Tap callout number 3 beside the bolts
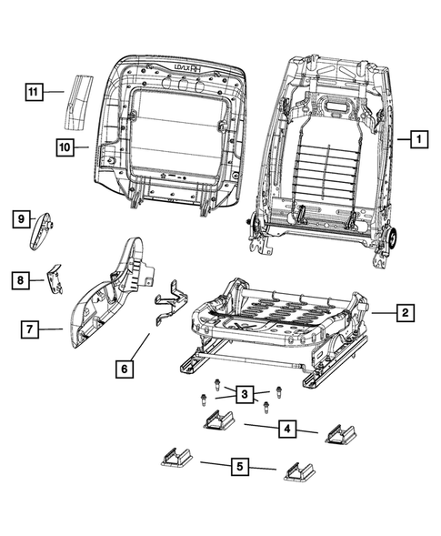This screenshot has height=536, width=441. point(244,394)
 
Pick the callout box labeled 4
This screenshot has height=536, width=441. point(286,429)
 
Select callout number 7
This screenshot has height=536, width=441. point(30,328)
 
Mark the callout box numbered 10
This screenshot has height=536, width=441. point(64,146)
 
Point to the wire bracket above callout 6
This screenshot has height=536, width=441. point(167,304)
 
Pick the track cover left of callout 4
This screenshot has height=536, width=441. point(219,422)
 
